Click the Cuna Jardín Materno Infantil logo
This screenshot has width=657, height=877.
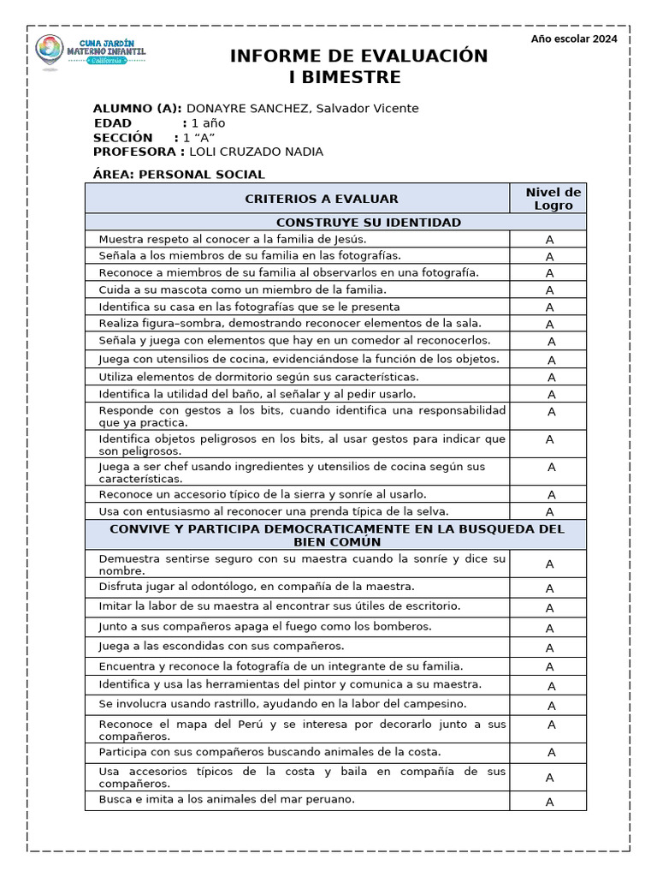click(90, 54)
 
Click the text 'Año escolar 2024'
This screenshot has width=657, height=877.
click(573, 39)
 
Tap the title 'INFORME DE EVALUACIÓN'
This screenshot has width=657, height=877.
click(358, 57)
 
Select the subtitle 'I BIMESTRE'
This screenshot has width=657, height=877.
click(346, 78)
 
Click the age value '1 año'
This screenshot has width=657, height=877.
click(208, 122)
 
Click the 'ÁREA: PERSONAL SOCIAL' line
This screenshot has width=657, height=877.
click(179, 175)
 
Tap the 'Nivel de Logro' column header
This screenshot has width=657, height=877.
click(553, 199)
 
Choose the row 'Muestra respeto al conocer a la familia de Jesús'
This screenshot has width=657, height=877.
click(232, 239)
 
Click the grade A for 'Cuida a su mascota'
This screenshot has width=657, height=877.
click(550, 290)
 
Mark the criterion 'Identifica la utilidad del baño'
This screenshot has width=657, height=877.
click(257, 394)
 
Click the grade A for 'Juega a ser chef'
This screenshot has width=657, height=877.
click(551, 468)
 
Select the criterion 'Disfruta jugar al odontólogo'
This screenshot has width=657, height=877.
click(256, 587)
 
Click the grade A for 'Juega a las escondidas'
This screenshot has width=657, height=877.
click(550, 648)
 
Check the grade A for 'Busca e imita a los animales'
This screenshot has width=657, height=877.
click(550, 802)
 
